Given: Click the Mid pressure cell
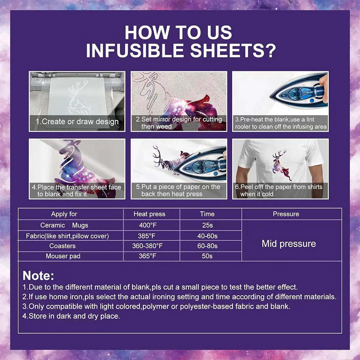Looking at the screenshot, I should tap(288, 244).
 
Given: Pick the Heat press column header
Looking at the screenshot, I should tap(149, 214).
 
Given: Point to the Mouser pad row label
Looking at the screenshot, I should tap(63, 256).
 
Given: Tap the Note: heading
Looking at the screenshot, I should tap(38, 276).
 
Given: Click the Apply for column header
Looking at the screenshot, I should tap(64, 214).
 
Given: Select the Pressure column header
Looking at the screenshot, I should tap(286, 214).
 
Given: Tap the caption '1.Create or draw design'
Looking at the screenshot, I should tap(77, 122).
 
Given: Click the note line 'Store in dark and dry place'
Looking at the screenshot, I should tap(71, 316).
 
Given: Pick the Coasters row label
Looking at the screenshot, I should tap(63, 246).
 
